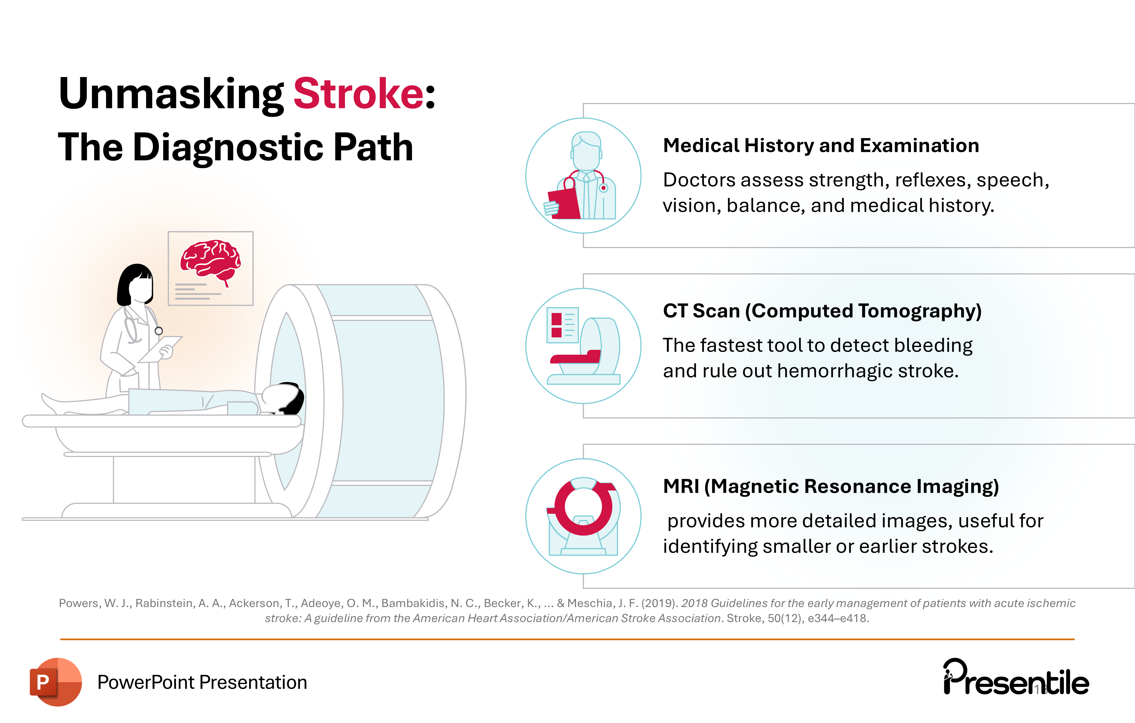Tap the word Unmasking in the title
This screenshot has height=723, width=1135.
(171, 94)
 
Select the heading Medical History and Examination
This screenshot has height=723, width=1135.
(821, 145)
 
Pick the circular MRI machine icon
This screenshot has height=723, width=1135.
(583, 516)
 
